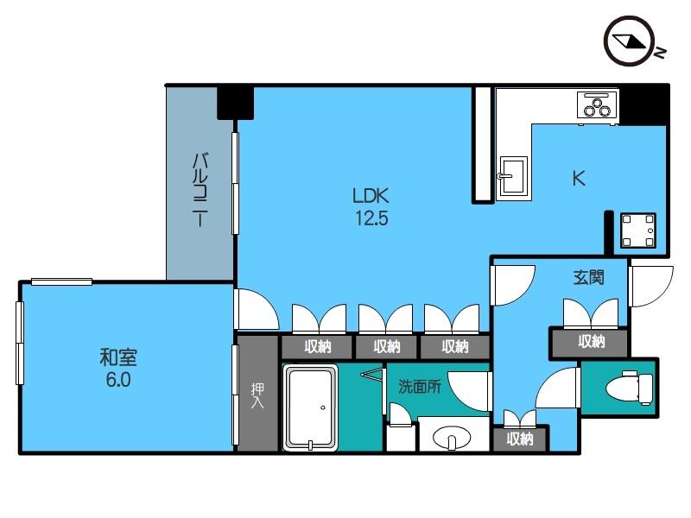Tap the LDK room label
coord(370,196)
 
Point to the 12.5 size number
coord(370,218)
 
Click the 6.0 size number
coord(118,380)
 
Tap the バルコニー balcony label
coord(200,187)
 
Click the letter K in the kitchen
coord(579,179)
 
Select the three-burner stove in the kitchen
coord(595,106)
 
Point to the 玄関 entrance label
coord(588,278)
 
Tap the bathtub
coord(311,408)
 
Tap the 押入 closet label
coord(257,396)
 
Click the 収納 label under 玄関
coord(591,342)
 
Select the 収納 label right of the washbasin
coord(520,439)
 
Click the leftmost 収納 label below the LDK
coord(318,347)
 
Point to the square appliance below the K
coord(638,230)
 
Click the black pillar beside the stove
coord(643,104)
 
